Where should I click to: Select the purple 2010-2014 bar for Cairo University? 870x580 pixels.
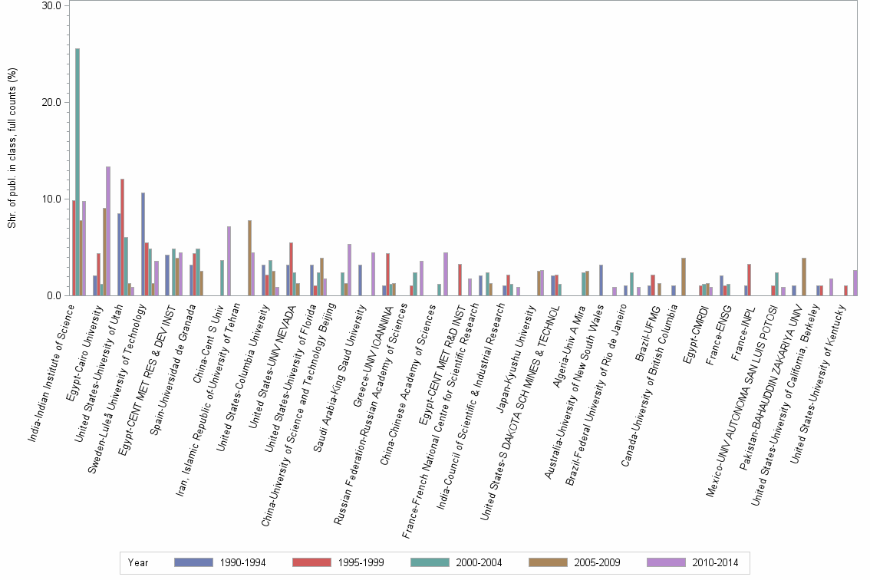(108, 231)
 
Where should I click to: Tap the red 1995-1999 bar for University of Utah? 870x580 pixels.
(123, 237)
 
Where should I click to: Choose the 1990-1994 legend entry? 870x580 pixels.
(220, 562)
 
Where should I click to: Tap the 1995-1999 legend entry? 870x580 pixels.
(338, 562)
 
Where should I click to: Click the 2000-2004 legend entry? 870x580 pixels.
(456, 562)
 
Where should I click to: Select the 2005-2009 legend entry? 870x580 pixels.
(575, 562)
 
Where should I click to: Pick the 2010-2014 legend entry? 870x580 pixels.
(693, 562)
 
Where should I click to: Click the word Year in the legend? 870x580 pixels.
(139, 562)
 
